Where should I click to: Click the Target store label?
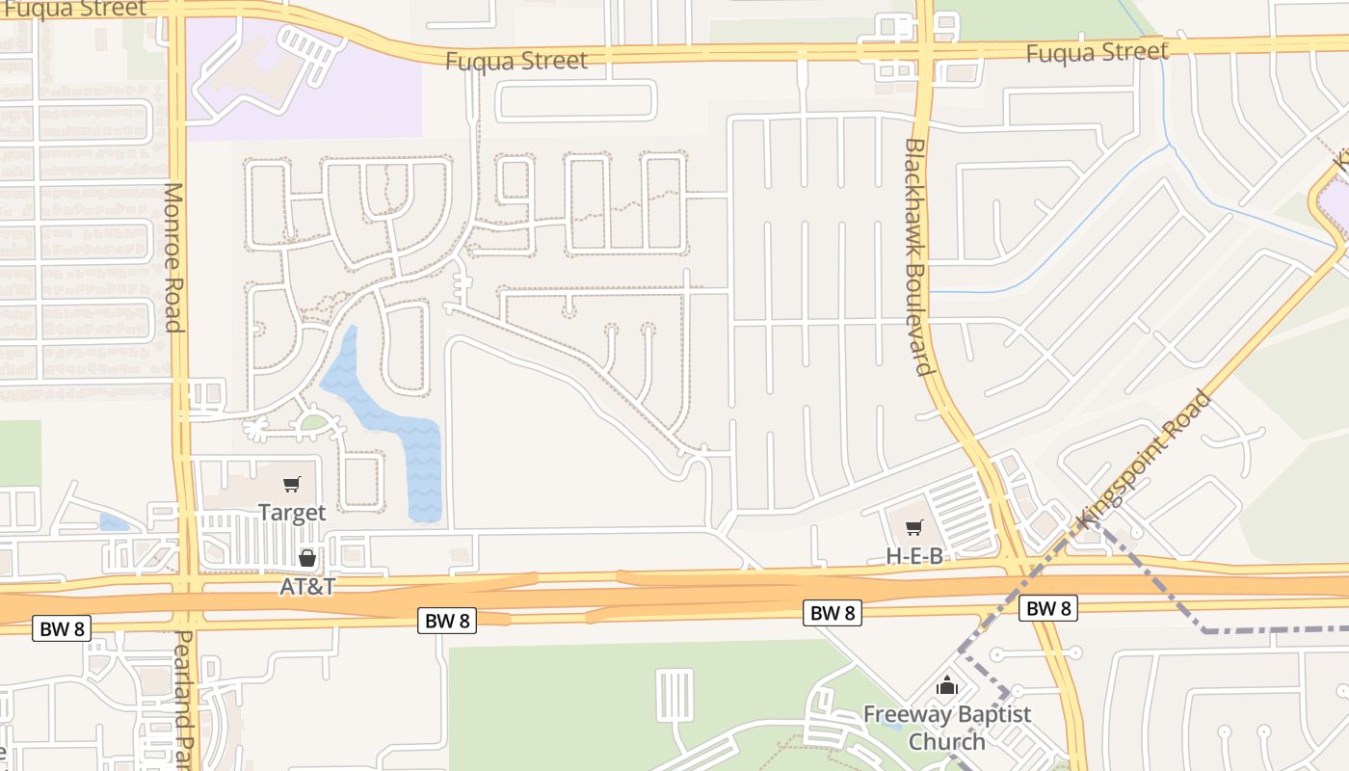pos(292,513)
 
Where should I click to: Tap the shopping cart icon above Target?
pos(292,484)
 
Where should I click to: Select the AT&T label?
pos(306,586)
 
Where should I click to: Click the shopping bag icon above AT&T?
pos(307,558)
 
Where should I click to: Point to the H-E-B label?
pos(914,556)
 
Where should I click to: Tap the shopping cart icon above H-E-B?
pos(914,527)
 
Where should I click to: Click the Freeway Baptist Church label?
pos(946,728)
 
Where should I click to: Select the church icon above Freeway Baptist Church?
pos(947,686)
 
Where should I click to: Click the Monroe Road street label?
pos(172,257)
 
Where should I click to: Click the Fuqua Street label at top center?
pos(516,61)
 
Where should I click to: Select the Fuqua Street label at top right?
pos(1097,52)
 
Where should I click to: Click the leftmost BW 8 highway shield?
pos(63,629)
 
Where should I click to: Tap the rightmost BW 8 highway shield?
pos(1047,608)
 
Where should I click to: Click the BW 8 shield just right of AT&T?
pos(448,620)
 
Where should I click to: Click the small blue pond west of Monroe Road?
pos(114,522)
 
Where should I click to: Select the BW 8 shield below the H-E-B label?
pos(833,612)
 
